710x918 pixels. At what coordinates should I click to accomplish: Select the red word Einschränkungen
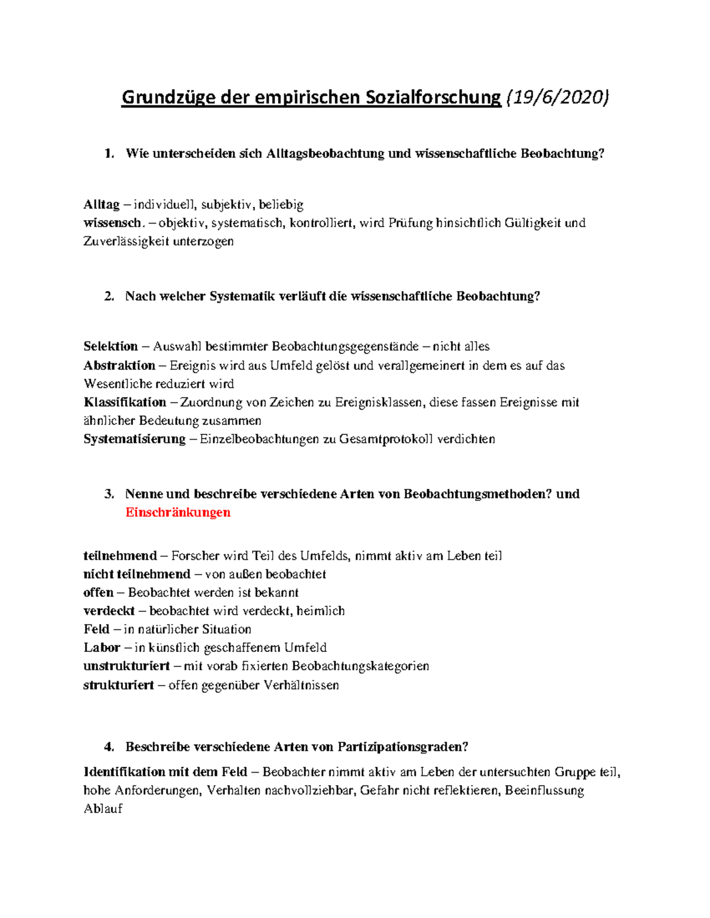177,512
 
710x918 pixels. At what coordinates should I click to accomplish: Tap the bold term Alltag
102,205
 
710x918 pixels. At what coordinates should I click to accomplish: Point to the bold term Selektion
111,346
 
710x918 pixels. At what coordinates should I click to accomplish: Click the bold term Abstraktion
120,365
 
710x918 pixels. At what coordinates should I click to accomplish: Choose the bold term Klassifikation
125,403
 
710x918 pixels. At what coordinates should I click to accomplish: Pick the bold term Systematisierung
134,439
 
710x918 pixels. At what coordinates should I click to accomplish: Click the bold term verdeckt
109,611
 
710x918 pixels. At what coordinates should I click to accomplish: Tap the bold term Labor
102,648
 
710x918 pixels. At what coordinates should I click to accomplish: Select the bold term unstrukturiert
127,666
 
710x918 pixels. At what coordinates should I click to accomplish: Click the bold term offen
98,592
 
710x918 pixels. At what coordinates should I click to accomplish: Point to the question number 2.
108,297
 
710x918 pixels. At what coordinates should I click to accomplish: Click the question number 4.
108,747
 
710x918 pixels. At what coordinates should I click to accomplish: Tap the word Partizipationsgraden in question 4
402,747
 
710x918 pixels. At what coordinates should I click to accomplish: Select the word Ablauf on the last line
103,809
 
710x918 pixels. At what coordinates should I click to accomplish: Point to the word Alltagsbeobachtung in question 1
325,154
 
